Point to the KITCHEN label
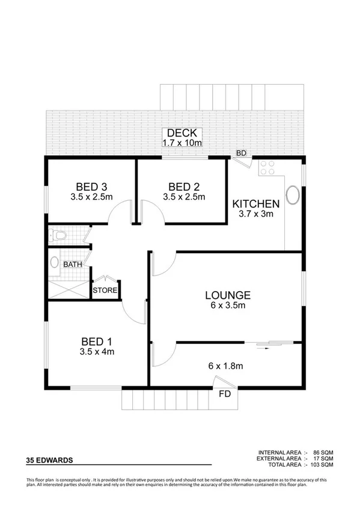pos(255,203)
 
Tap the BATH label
pos(72,263)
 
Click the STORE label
pos(105,290)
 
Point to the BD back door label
pos(241,153)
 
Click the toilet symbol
pos(57,235)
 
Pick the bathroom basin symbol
pos(55,262)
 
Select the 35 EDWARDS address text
pos(50,460)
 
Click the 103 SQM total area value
pos(322,464)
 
